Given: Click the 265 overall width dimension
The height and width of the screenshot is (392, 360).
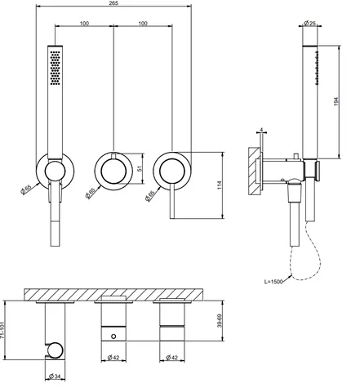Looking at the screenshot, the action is [113, 2].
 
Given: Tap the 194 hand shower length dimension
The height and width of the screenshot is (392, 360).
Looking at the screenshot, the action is [336, 101].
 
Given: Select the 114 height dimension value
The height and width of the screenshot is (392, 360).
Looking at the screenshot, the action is [220, 185].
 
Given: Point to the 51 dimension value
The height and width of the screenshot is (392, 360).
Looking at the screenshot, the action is [140, 168].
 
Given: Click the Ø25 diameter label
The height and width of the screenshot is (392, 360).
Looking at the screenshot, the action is [309, 23].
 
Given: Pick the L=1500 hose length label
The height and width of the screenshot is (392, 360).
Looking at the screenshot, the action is [273, 282].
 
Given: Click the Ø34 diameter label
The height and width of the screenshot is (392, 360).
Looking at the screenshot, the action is [55, 376].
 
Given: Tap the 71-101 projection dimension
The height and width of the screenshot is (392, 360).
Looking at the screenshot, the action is [2, 331].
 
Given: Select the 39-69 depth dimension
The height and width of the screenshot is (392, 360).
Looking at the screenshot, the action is [220, 321].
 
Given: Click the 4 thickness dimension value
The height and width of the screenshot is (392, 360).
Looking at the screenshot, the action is [261, 130].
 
